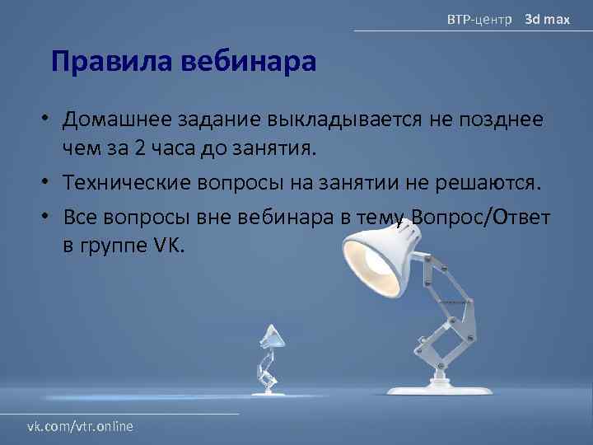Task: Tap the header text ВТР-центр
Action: [479, 18]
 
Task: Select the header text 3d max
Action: [548, 18]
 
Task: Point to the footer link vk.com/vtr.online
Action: [81, 425]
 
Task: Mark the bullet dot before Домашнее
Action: [49, 120]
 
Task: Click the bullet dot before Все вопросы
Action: [49, 217]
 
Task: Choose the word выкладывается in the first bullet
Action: [344, 119]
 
